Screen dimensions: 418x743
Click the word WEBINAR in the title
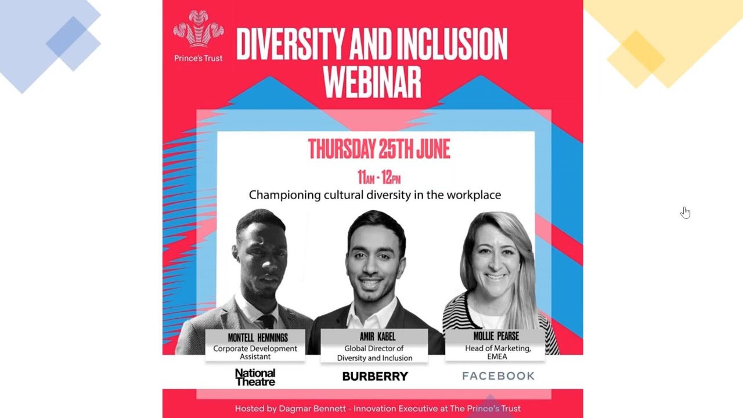point(372,82)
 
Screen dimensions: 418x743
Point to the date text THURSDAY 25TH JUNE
point(378,149)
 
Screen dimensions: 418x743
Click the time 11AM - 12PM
point(378,177)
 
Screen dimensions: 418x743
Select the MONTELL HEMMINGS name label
point(258,337)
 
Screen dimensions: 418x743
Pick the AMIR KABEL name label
point(377,336)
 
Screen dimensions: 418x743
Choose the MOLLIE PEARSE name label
point(496,336)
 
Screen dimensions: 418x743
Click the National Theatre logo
point(255,377)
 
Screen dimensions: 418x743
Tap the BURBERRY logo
point(375,376)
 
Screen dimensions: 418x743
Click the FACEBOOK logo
point(498,376)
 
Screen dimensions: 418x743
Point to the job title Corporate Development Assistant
point(255,352)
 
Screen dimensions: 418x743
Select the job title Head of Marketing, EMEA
point(497,352)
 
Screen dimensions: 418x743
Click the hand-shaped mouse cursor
point(686,212)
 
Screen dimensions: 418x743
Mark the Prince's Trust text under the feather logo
point(199,58)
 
